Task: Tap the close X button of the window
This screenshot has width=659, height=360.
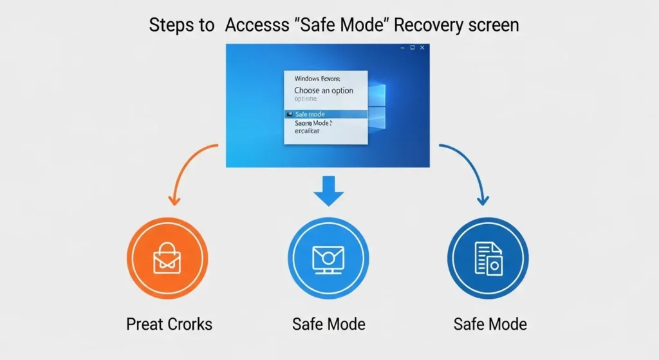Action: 422,48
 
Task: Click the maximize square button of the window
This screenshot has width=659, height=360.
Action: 412,48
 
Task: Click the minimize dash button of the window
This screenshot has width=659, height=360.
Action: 402,48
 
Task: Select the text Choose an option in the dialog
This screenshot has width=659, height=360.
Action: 324,91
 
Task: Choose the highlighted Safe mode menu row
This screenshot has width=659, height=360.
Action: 325,114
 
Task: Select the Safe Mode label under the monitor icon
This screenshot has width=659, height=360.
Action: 328,324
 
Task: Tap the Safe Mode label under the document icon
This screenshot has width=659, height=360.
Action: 490,324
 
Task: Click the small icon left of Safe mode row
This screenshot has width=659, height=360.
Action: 289,114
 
